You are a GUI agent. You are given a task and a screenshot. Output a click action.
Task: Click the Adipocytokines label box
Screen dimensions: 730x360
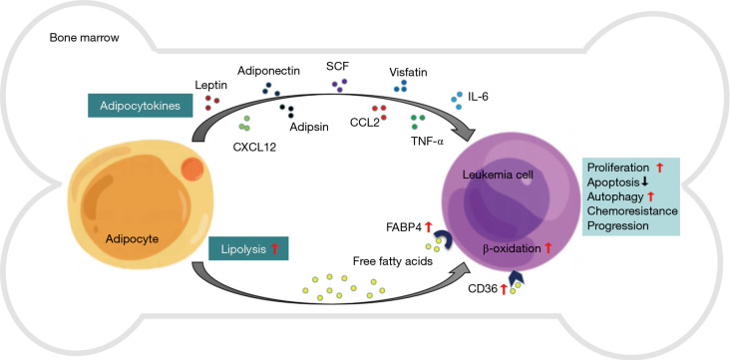tap(141, 106)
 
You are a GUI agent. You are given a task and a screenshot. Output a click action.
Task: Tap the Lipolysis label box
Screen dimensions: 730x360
tap(249, 248)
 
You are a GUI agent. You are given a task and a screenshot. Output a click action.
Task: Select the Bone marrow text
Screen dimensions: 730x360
tap(84, 38)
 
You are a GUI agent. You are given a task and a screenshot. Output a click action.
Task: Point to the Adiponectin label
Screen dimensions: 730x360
tap(268, 71)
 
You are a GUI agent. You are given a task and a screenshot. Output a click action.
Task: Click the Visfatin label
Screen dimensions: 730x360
tap(408, 72)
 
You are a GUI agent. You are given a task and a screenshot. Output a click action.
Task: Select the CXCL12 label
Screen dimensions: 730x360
tap(254, 149)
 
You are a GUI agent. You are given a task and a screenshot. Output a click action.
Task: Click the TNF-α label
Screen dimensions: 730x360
tap(427, 141)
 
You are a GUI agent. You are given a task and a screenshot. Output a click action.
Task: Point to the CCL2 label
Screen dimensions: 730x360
tap(365, 124)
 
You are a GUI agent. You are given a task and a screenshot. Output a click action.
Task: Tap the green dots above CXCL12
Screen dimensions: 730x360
tap(244, 124)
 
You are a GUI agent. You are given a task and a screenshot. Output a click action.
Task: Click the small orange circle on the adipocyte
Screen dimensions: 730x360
tap(191, 169)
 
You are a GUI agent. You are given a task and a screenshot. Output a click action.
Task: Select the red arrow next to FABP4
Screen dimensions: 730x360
tap(428, 227)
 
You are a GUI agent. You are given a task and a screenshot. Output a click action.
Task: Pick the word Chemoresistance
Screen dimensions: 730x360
tap(632, 211)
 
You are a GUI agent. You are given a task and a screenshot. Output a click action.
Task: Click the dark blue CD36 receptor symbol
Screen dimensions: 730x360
tap(517, 280)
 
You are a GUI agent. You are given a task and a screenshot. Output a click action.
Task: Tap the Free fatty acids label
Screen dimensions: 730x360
tap(393, 261)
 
